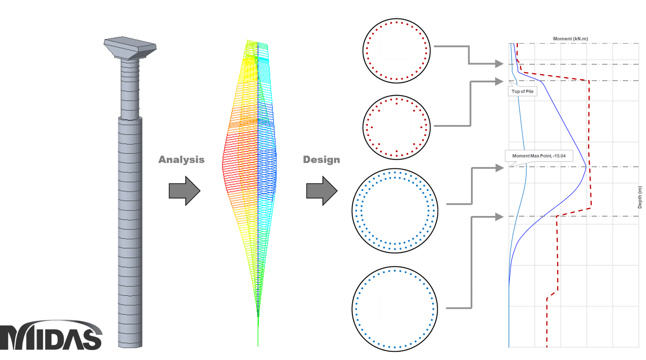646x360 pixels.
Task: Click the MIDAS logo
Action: pyautogui.click(x=51, y=336)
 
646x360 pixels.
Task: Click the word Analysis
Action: pyautogui.click(x=181, y=160)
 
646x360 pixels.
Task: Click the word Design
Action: pyautogui.click(x=321, y=160)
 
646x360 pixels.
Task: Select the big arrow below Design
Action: pyautogui.click(x=322, y=191)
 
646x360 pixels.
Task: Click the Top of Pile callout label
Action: pyautogui.click(x=522, y=91)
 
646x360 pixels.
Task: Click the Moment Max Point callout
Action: pyautogui.click(x=539, y=156)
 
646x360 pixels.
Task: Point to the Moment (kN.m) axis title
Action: pyautogui.click(x=570, y=39)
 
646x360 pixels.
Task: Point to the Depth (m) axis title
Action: pyautogui.click(x=640, y=197)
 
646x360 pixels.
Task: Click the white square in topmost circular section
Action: pyautogui.click(x=394, y=47)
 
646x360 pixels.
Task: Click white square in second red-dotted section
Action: pyautogui.click(x=396, y=125)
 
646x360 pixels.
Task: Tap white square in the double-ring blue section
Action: pyautogui.click(x=399, y=207)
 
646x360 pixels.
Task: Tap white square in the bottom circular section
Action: pyautogui.click(x=394, y=308)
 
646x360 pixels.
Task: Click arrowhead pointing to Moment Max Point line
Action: pyautogui.click(x=499, y=168)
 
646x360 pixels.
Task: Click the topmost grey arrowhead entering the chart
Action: pyautogui.click(x=499, y=63)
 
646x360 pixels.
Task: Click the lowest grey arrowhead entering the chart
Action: pyautogui.click(x=499, y=217)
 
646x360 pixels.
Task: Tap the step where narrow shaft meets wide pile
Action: pyautogui.click(x=130, y=119)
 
